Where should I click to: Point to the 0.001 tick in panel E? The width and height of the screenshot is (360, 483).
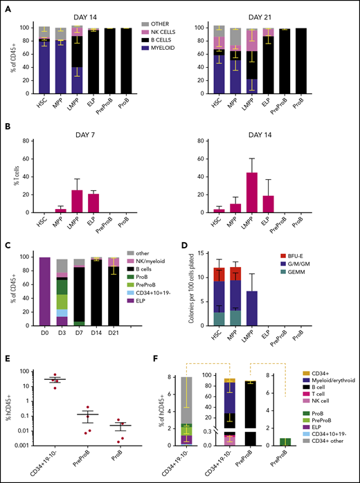coord(25,446)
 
